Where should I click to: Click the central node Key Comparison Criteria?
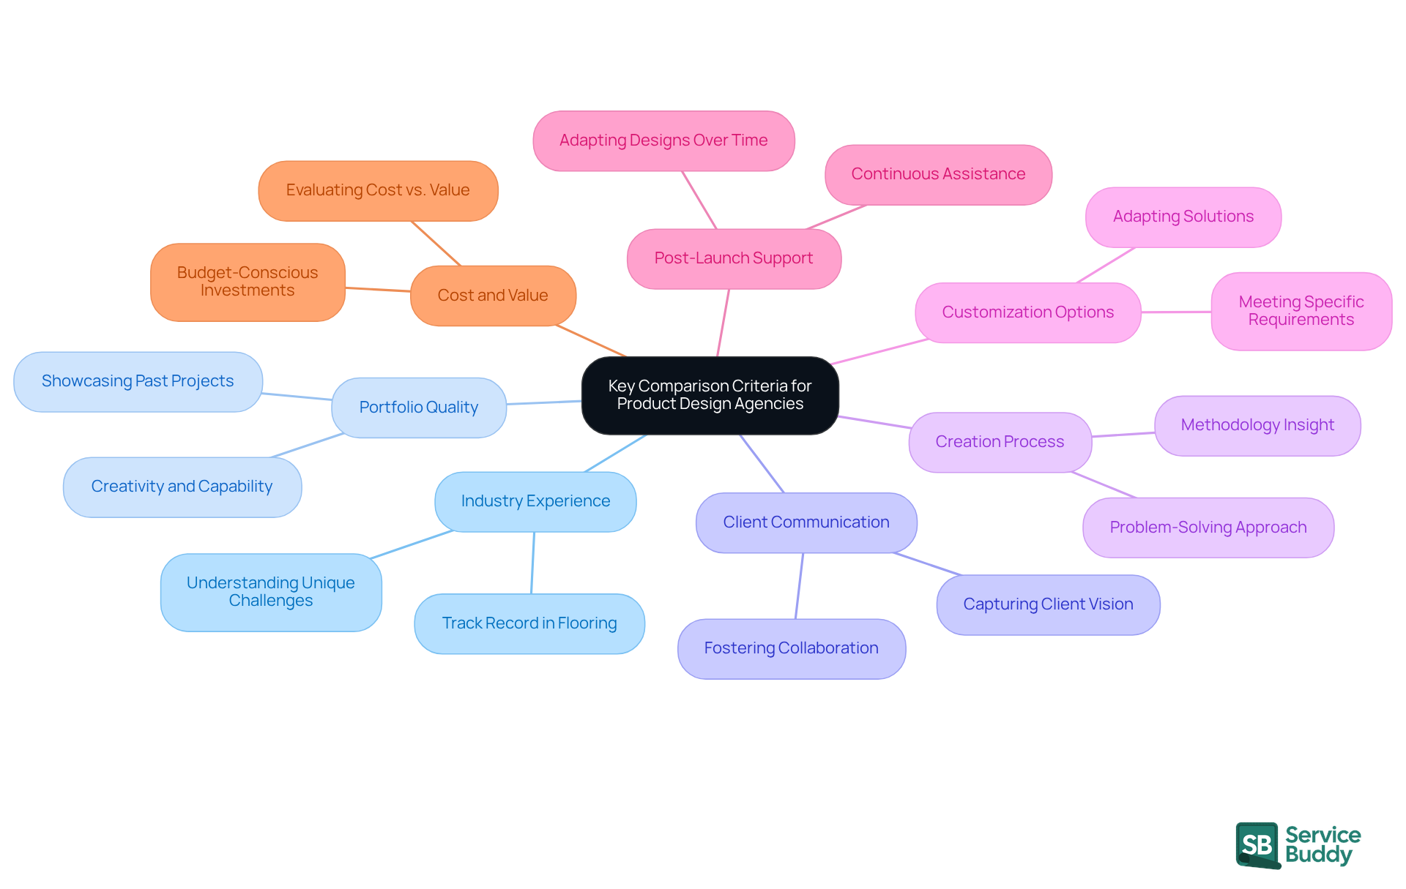710,395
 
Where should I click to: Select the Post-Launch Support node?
734,258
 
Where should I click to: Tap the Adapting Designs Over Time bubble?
663,140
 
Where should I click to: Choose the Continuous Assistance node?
938,174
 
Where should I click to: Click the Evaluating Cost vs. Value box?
378,190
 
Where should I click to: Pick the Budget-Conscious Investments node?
248,282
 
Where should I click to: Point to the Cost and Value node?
493,296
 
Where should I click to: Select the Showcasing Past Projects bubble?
138,381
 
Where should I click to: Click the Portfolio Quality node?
419,408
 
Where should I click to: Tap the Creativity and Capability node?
182,487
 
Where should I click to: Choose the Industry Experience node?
535,501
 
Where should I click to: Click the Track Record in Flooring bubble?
529,623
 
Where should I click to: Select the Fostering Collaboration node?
792,648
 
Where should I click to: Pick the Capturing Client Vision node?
1048,604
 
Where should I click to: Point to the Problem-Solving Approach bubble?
1208,528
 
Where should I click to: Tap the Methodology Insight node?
1257,425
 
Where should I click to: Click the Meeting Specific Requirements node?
1301,311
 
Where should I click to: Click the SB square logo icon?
1257,844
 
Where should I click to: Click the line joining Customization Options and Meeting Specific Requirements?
1176,312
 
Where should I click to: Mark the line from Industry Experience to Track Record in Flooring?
533,563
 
